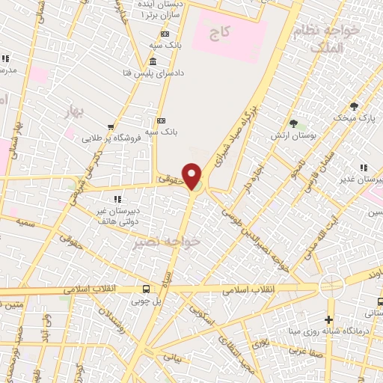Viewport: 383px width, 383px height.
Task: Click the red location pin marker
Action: pos(192,176)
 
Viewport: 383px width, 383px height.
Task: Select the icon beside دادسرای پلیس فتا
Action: pos(153,61)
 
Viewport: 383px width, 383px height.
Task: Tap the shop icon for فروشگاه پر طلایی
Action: pos(111,127)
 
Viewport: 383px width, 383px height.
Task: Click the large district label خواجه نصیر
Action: pos(167,242)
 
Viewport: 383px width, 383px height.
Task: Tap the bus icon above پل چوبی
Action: pos(146,289)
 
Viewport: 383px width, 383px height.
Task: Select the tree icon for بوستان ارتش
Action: pos(293,123)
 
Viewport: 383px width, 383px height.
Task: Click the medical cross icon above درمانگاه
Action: pos(329,319)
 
